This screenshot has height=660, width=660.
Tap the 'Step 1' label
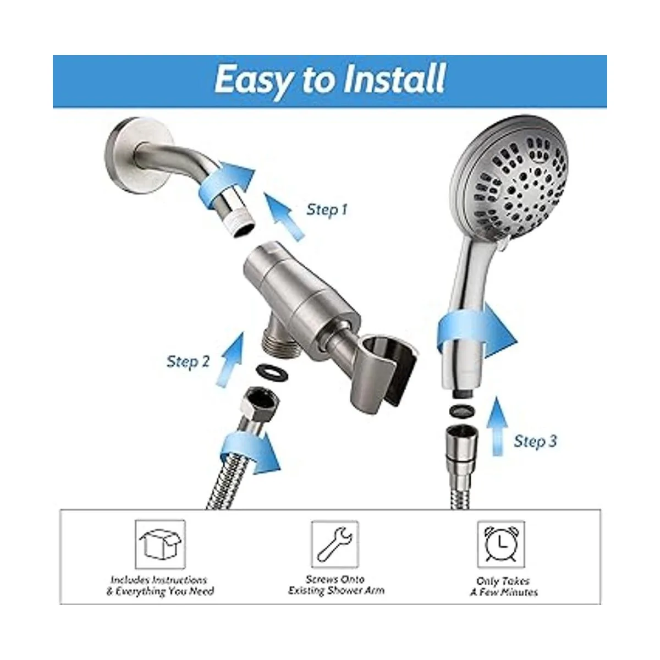(327, 210)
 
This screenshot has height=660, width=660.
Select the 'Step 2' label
(188, 362)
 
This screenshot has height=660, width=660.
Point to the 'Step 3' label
(535, 441)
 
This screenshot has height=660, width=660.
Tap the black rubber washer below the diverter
(272, 372)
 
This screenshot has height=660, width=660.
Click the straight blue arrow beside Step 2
(230, 360)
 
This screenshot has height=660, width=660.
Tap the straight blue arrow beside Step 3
(497, 426)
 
